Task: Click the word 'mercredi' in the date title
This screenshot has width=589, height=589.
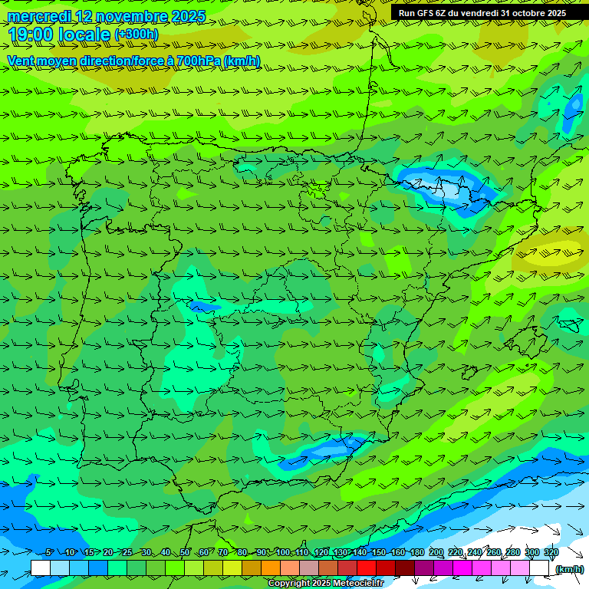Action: pyautogui.click(x=40, y=16)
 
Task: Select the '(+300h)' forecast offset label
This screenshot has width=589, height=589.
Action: pyautogui.click(x=136, y=35)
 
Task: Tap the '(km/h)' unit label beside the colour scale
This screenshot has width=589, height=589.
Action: pyautogui.click(x=569, y=569)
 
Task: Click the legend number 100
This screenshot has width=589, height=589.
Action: pyautogui.click(x=283, y=553)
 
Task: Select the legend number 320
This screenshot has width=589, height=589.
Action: pyautogui.click(x=551, y=553)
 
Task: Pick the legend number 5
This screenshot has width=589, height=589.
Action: pyautogui.click(x=50, y=553)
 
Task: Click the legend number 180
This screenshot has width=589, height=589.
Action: pyautogui.click(x=416, y=553)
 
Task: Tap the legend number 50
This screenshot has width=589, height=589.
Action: pyautogui.click(x=185, y=553)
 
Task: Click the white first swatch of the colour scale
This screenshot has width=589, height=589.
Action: pyautogui.click(x=41, y=568)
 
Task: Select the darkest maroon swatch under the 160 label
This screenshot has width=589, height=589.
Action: pyautogui.click(x=405, y=568)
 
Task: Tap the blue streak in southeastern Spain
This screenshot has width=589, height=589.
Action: pyautogui.click(x=322, y=451)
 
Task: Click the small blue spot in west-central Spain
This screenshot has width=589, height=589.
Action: pyautogui.click(x=203, y=307)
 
